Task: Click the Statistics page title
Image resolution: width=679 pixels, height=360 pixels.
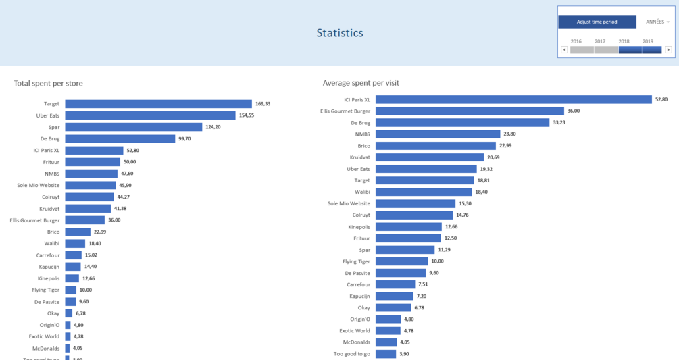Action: coord(339,33)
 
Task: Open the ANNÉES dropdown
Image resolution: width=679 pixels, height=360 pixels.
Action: coord(657,22)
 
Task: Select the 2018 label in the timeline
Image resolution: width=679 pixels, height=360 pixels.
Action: coord(624,41)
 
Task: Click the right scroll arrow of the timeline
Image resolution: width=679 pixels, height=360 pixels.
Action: coord(668,50)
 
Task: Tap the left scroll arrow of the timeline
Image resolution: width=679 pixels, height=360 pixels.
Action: coord(564,50)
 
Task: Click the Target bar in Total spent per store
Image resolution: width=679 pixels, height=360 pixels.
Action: coord(158,104)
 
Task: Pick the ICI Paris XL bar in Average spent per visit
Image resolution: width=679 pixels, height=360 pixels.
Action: coord(513,99)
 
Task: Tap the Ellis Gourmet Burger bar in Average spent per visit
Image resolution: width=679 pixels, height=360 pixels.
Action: coord(470,111)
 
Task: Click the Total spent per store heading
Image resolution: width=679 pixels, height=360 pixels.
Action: coord(48,84)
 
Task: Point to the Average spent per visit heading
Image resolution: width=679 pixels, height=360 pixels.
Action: coord(361,83)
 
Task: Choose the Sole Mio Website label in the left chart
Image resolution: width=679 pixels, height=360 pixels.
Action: coord(39,185)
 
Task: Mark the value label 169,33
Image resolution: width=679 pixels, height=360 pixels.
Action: coord(263,104)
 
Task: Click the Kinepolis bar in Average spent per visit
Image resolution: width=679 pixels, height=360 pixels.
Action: coord(409,227)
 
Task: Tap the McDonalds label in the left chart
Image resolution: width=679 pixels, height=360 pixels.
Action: coord(46,348)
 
